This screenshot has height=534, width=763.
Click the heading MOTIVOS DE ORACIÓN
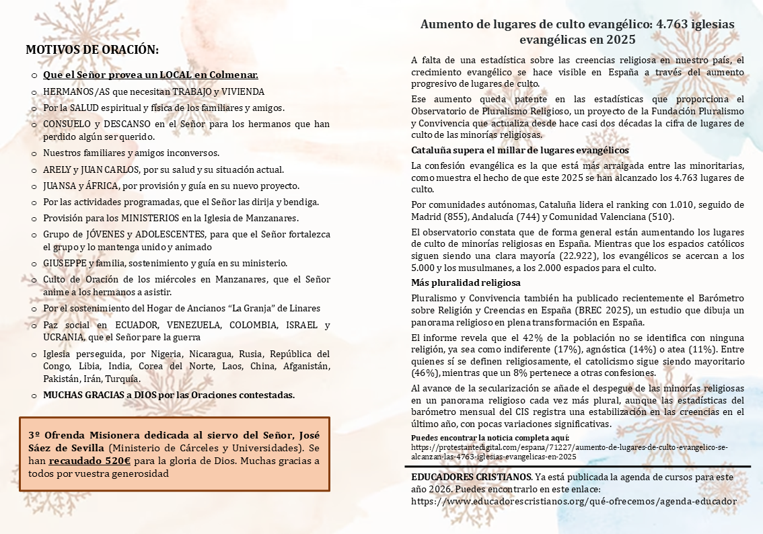pos(92,50)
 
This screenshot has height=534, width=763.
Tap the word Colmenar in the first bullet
pos(236,75)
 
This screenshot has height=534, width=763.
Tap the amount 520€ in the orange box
pos(116,461)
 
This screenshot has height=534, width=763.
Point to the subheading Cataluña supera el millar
pos(519,150)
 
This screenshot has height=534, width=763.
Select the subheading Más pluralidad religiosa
pos(466,282)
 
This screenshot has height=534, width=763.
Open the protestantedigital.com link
pos(569,451)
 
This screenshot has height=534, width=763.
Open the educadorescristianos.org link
pos(573,501)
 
